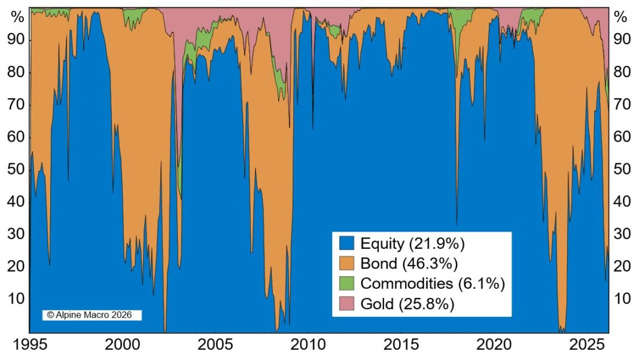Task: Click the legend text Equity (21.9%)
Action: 413,243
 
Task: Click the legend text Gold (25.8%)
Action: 407,303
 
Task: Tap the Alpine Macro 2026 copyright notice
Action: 90,315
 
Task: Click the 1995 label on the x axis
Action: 29,346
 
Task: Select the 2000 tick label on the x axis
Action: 123,346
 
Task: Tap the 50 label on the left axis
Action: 16,169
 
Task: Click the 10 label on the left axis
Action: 16,298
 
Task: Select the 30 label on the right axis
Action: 622,234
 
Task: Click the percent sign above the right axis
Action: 622,17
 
